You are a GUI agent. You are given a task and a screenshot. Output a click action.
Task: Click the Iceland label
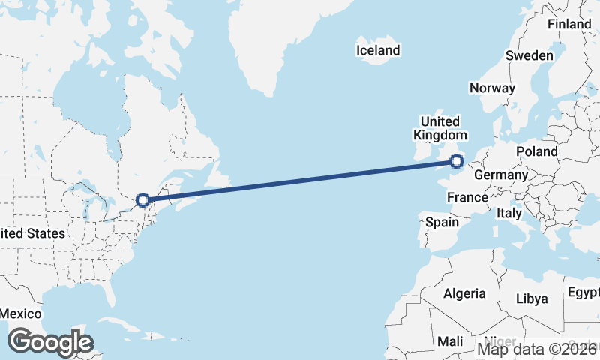pyautogui.click(x=378, y=51)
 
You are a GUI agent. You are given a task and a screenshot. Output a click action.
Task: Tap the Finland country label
pyautogui.click(x=569, y=24)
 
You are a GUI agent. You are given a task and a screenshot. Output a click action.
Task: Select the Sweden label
pyautogui.click(x=529, y=55)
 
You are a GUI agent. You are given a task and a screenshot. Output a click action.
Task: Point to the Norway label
pyautogui.click(x=492, y=88)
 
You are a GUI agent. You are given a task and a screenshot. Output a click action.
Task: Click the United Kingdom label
pyautogui.click(x=439, y=128)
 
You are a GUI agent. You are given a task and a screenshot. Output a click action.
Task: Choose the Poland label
pyautogui.click(x=537, y=151)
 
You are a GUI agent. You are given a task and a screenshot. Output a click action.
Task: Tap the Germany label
pyautogui.click(x=502, y=175)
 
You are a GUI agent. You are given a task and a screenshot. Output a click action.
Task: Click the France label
pyautogui.click(x=467, y=197)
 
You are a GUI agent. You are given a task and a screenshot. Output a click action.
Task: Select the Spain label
pyautogui.click(x=442, y=222)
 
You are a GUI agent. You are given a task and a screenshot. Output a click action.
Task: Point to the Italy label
pyautogui.click(x=509, y=213)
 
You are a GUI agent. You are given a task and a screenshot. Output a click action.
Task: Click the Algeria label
pyautogui.click(x=464, y=293)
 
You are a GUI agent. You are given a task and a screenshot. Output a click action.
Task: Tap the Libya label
pyautogui.click(x=532, y=298)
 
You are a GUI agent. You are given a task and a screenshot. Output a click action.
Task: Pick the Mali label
pyautogui.click(x=450, y=340)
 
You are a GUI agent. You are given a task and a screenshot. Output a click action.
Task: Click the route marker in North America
pyautogui.click(x=143, y=200)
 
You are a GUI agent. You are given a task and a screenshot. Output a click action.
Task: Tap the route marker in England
pyautogui.click(x=457, y=160)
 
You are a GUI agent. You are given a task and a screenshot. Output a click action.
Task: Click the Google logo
pyautogui.click(x=50, y=342)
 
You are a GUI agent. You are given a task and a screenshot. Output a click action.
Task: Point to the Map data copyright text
pyautogui.click(x=538, y=349)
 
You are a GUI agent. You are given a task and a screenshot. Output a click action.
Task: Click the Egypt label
pyautogui.click(x=583, y=291)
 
